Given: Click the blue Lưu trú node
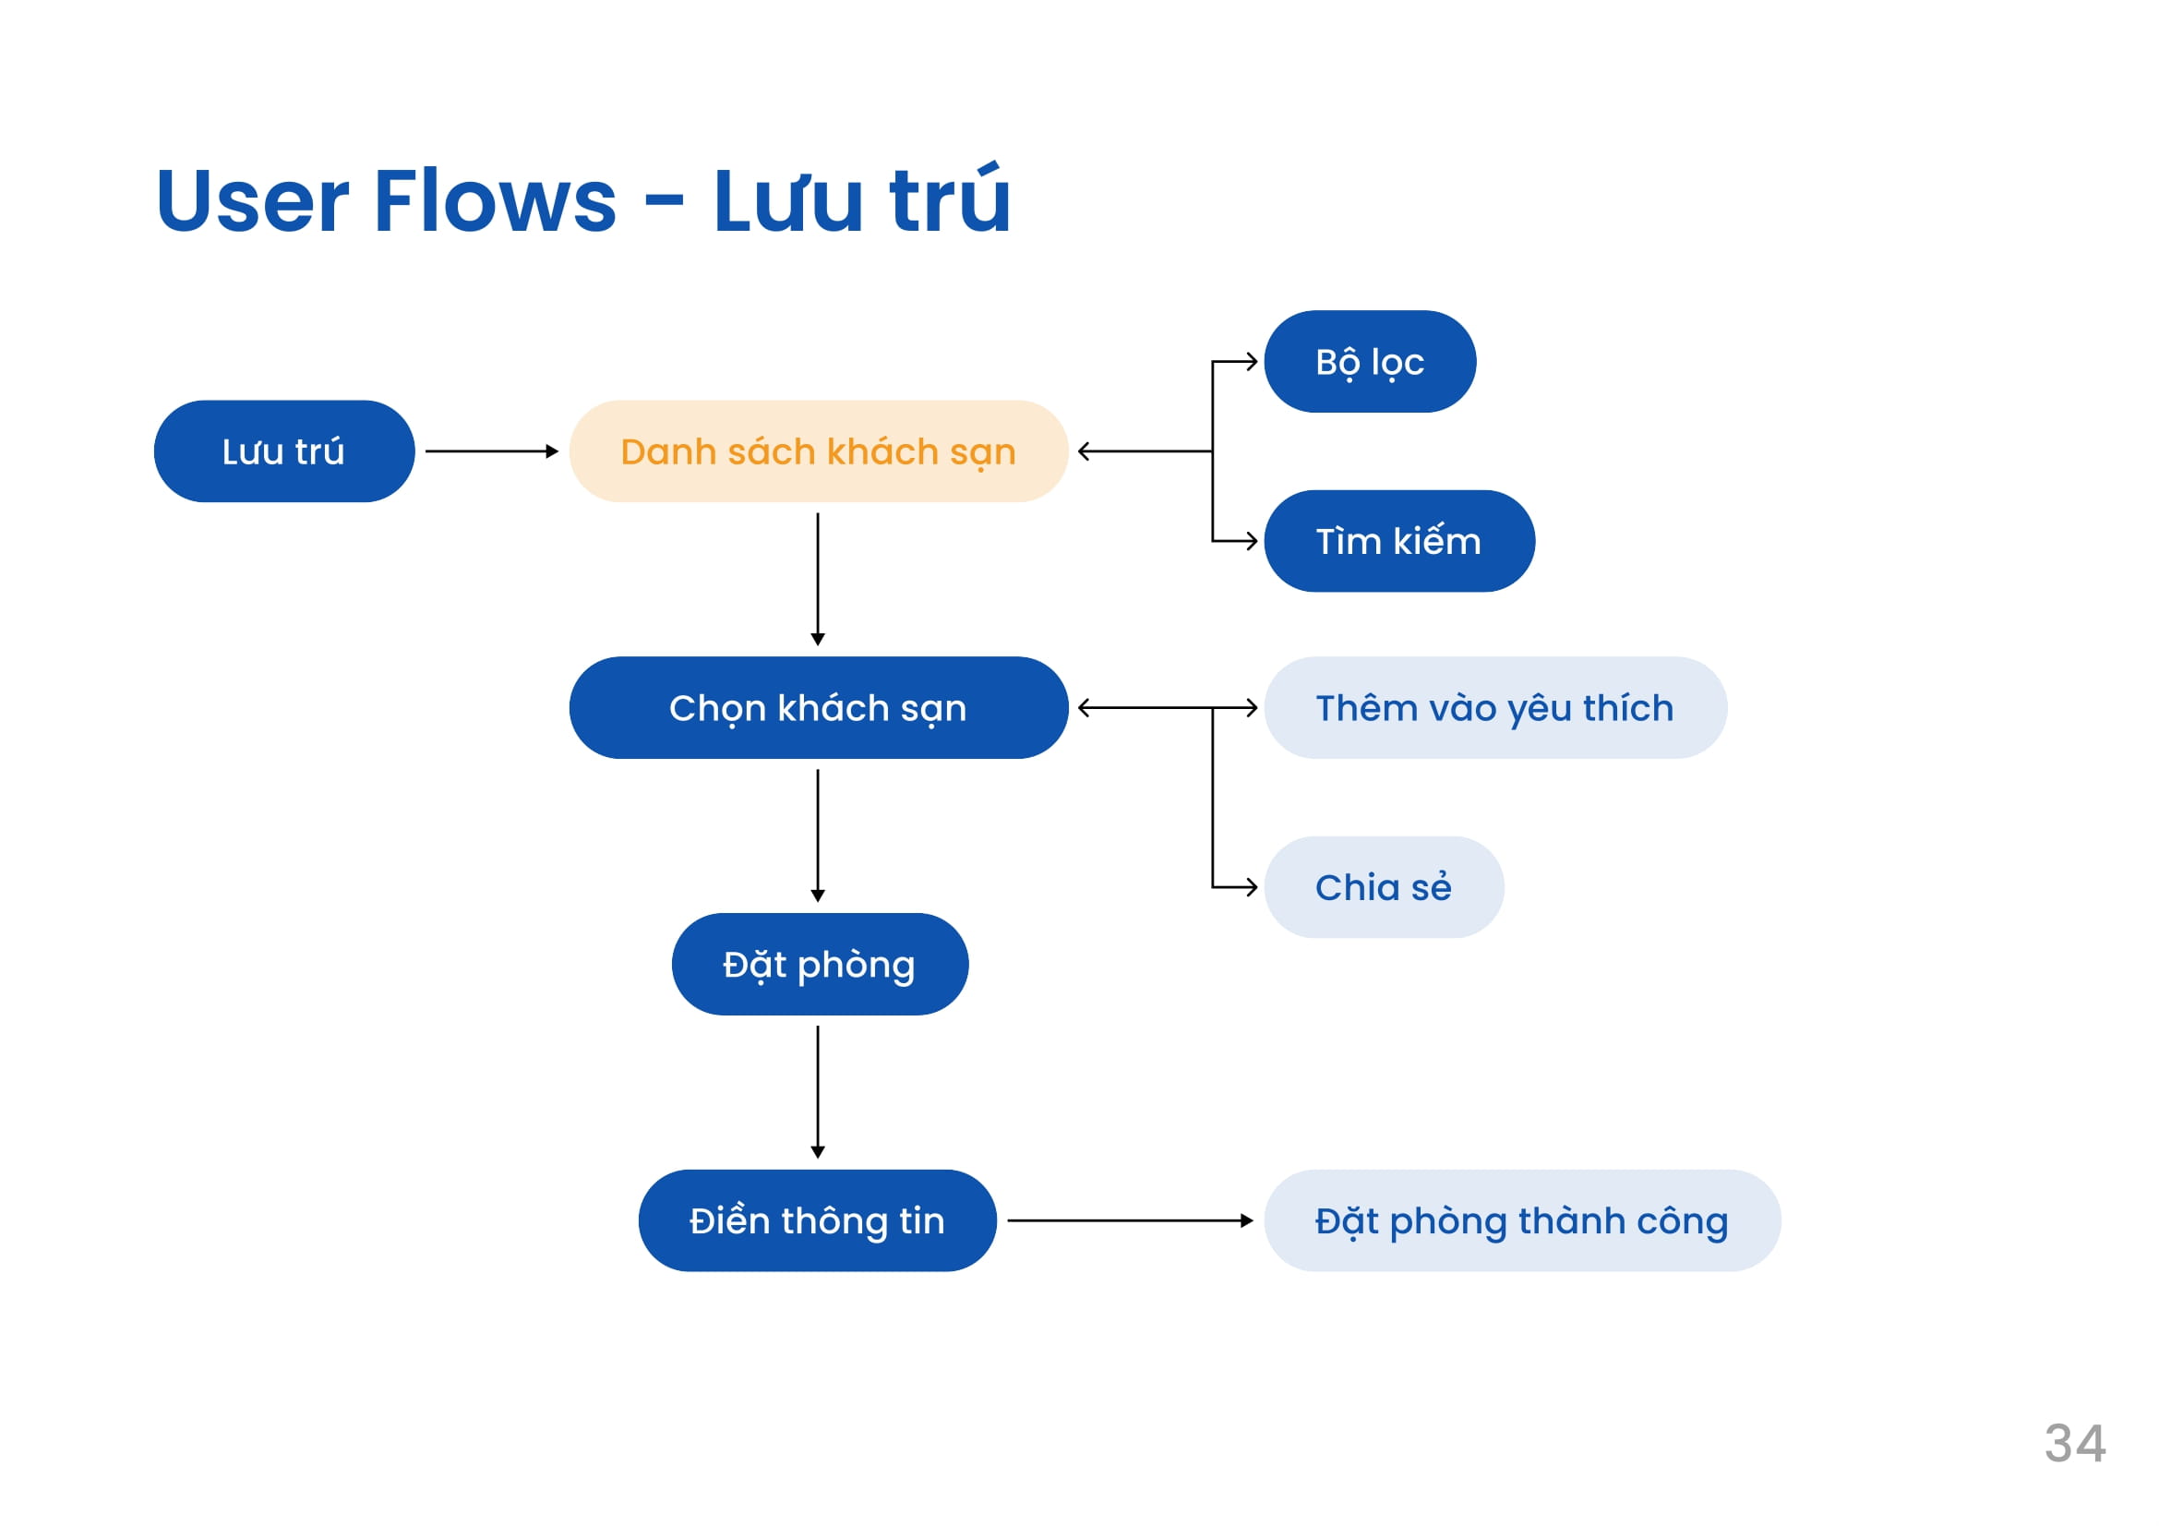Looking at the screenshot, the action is pos(284,451).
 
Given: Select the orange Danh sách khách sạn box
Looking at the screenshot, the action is pos(818,451).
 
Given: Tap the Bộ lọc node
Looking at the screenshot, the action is pos(1370,361).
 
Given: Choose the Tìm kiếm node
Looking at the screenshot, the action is pos(1399,541).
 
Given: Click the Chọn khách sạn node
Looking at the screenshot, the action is pos(818,707).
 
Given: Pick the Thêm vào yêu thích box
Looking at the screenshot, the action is pos(1495,707).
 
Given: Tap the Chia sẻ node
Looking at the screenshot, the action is pos(1384,886).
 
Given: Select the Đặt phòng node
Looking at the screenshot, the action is pos(819,964).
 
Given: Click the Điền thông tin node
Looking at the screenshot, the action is pos(817,1220).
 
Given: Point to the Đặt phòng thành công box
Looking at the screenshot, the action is pos(1521,1220).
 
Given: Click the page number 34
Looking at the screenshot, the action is pos(2074,1443).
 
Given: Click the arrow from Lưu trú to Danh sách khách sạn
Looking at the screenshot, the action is pos(492,451).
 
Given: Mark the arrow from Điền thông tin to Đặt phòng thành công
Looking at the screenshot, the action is pos(1131,1220).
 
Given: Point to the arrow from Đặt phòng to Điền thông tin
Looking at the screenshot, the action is pos(817,1092).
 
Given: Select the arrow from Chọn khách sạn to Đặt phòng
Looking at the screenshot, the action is pos(817,835).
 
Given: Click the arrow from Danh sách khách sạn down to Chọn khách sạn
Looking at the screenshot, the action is pos(817,579).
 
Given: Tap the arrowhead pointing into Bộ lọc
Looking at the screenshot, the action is pos(1253,361).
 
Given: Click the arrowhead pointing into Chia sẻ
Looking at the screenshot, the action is pos(1253,886).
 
